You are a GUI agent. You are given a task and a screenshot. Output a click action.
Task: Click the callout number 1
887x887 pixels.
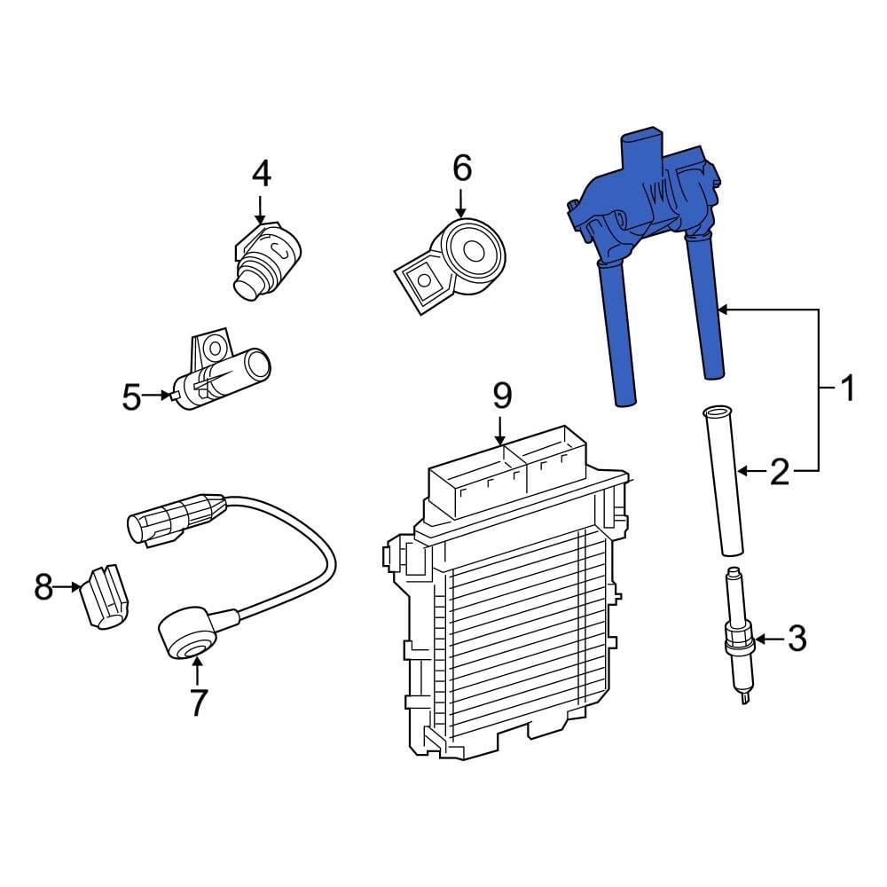tap(848, 389)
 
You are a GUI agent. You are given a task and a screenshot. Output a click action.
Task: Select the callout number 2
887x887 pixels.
tap(779, 471)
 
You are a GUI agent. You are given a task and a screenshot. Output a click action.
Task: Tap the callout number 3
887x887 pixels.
tap(797, 638)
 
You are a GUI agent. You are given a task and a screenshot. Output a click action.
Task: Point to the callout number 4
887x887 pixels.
tap(260, 173)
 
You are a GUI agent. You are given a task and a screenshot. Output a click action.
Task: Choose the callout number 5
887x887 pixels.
tap(131, 396)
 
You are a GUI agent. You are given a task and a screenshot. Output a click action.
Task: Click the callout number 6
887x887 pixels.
tap(462, 167)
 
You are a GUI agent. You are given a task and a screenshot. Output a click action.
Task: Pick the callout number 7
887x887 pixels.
tap(197, 702)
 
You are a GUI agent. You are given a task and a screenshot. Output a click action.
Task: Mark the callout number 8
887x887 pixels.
tap(43, 586)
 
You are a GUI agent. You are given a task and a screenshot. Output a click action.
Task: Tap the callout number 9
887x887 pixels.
tap(502, 395)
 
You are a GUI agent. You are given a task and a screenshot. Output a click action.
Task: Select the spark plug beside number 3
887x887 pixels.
tap(738, 634)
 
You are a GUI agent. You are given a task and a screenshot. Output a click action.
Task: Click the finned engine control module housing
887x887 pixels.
tap(510, 621)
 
